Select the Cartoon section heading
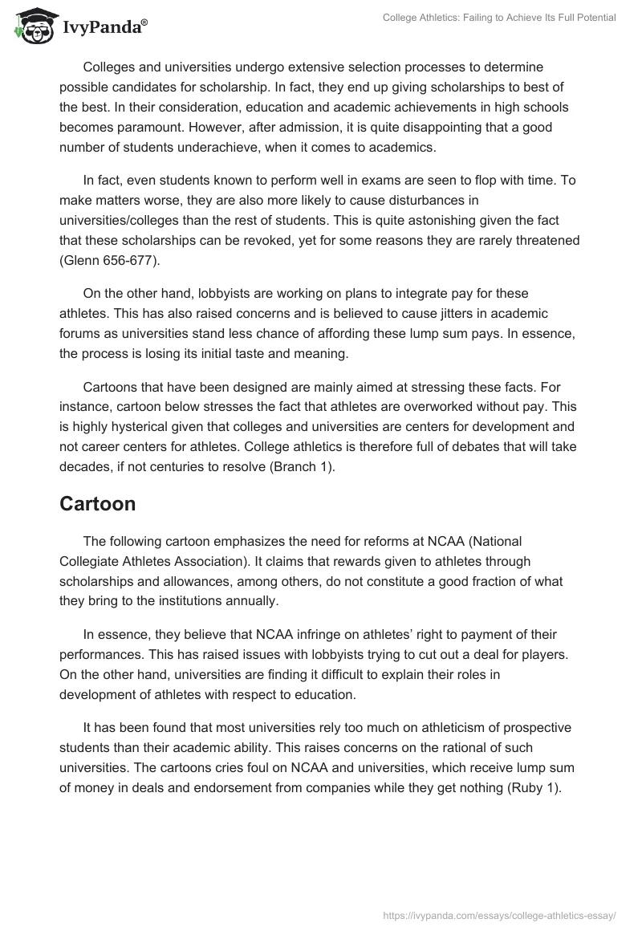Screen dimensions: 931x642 (97, 504)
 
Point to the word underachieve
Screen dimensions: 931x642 (232, 148)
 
